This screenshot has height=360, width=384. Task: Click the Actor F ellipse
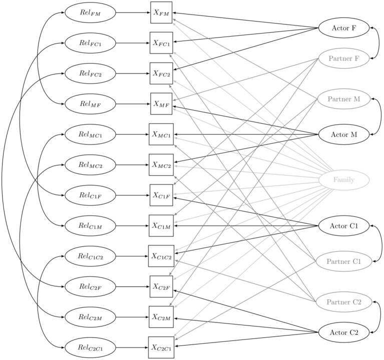click(344, 28)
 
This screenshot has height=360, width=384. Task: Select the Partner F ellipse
click(344, 59)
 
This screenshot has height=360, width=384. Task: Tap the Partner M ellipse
click(344, 99)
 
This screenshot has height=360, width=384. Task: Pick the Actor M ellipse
click(344, 134)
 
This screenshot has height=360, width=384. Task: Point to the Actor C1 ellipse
click(344, 226)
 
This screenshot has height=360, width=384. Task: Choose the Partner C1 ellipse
click(344, 261)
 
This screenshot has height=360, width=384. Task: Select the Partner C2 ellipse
click(344, 302)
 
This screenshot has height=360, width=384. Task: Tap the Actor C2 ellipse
click(344, 332)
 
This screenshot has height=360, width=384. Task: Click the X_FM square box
click(161, 13)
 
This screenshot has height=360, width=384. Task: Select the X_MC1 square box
click(161, 135)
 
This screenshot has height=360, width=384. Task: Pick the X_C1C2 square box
click(161, 256)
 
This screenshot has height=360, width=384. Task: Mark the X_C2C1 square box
click(161, 347)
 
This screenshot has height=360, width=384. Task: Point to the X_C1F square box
click(161, 195)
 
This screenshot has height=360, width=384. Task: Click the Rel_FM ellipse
click(90, 13)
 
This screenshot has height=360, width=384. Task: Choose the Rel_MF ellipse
click(90, 104)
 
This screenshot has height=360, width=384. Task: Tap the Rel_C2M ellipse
click(90, 317)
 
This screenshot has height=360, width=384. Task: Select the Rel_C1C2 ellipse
click(90, 256)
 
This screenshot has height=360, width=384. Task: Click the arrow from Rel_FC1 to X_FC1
click(133, 43)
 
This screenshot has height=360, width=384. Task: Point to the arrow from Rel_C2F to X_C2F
click(133, 287)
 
